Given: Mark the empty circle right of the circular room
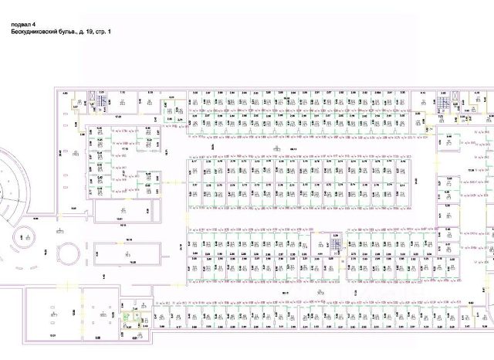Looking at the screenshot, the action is tap(69, 252).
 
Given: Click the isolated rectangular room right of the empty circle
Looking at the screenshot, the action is tap(128, 252).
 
